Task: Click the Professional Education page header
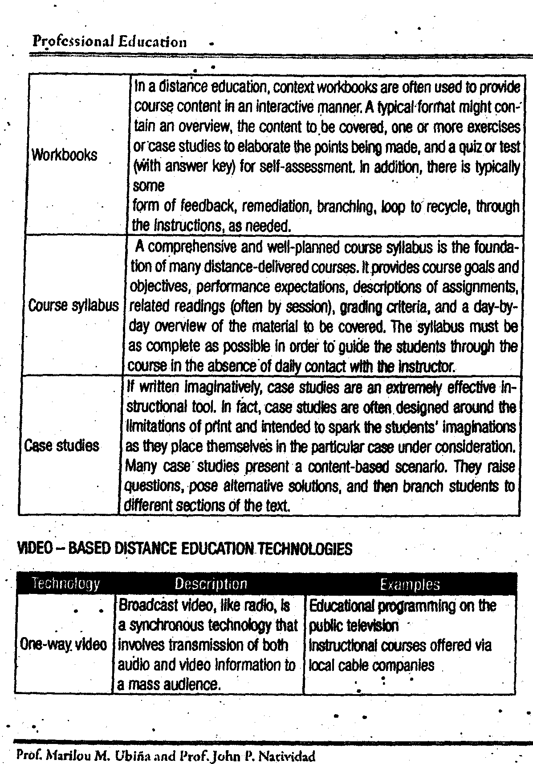click(110, 42)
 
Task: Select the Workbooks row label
click(64, 155)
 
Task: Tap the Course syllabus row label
click(73, 306)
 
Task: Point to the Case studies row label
click(61, 446)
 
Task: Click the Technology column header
click(65, 584)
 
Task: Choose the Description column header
click(210, 584)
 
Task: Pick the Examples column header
click(410, 584)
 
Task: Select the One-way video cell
click(64, 645)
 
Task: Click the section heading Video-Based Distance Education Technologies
click(184, 549)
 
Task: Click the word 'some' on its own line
click(149, 186)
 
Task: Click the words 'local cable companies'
click(371, 665)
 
